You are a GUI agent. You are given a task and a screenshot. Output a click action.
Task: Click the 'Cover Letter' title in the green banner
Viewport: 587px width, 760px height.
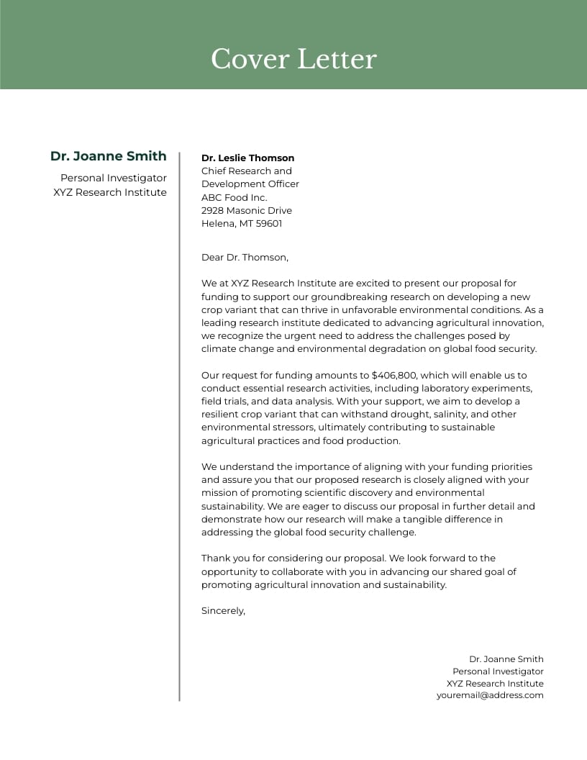tap(293, 59)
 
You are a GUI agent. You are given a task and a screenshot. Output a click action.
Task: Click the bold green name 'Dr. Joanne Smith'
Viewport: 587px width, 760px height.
tap(108, 156)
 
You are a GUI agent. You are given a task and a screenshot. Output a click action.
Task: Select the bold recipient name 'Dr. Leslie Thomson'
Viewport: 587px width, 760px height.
tap(247, 158)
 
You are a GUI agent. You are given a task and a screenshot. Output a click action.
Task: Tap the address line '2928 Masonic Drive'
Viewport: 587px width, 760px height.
tap(246, 211)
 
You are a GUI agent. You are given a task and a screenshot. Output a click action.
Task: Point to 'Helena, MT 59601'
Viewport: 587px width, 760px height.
tap(241, 224)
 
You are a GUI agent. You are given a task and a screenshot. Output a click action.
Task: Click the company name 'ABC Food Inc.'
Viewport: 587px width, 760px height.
tap(234, 197)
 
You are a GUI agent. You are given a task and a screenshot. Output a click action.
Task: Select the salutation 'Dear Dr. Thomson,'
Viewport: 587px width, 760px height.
tap(245, 257)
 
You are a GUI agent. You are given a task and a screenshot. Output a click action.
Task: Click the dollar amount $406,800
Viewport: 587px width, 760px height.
tap(395, 376)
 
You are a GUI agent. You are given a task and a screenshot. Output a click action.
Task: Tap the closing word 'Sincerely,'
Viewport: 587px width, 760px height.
tap(223, 611)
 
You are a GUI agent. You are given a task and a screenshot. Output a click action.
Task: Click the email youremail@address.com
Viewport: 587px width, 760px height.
tap(489, 696)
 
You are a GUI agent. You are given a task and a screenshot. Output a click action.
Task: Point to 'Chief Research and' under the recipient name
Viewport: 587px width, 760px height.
tap(246, 171)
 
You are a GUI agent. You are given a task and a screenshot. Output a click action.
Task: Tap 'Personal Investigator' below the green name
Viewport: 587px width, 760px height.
tap(113, 178)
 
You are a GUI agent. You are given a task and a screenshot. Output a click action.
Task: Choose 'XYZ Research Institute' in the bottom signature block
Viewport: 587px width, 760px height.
tap(494, 684)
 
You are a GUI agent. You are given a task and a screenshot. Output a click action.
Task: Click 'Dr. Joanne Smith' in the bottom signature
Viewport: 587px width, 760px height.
tap(506, 659)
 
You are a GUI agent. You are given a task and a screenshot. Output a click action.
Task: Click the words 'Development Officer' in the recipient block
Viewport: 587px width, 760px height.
tap(250, 184)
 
